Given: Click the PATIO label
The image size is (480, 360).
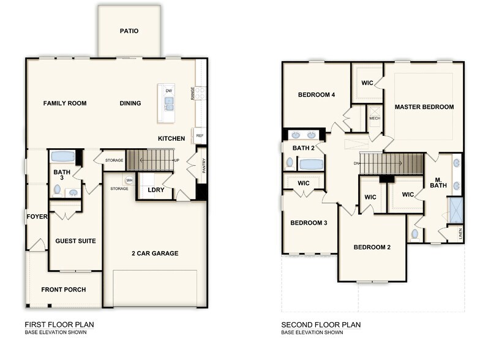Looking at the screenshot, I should (129, 31).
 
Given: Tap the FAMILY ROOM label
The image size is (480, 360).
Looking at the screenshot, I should (65, 103).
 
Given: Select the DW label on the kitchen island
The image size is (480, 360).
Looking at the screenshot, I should (168, 91).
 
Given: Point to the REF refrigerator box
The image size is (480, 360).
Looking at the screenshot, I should (200, 135).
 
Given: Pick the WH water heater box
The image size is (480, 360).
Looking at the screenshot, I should (129, 180).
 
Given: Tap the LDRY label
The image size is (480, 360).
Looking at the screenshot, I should (156, 190).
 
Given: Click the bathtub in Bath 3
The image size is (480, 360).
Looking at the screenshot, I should (62, 156).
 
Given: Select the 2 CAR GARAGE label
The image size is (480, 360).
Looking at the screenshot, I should (155, 253).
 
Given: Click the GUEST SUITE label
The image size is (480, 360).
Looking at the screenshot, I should (75, 241).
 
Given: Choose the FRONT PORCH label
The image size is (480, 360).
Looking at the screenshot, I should (64, 290).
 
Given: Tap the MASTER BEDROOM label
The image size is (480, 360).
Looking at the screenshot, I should (424, 107).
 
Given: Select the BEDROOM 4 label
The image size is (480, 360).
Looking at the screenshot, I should (317, 94).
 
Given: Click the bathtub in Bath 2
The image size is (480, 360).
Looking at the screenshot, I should (312, 164).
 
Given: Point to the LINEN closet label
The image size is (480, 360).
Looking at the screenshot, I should (460, 233).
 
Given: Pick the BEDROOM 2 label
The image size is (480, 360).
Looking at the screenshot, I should (372, 247).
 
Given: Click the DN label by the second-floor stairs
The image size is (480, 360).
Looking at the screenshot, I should (356, 163).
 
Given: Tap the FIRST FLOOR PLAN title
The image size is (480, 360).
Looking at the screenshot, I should (59, 324).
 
